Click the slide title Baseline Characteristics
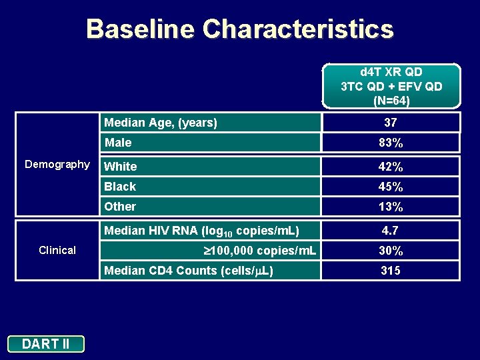coord(240,29)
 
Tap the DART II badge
coord(46,344)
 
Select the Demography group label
coord(57,164)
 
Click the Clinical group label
coord(57,250)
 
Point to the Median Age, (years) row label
coord(160,123)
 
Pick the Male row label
coord(118,143)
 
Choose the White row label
coord(121,167)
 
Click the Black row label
coord(120,187)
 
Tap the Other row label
coord(120,207)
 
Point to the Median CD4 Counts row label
coord(189,271)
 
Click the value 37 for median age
coord(391,123)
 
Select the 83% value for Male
coord(391,143)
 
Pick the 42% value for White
coord(391,167)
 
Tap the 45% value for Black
coord(391,187)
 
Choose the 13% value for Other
coord(391,207)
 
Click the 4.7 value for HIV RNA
coord(391,231)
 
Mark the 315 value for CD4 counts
coord(391,271)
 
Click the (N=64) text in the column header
coord(391,101)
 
